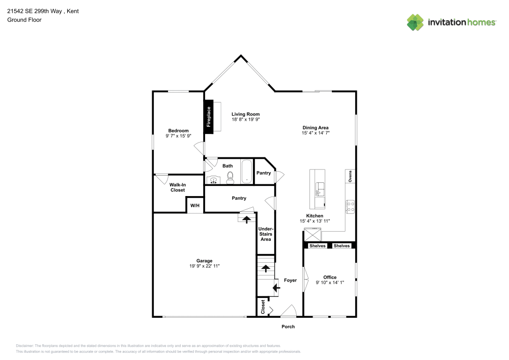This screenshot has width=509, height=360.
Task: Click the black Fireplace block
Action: pos(208,117)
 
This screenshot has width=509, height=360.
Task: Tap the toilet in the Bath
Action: pos(230,177)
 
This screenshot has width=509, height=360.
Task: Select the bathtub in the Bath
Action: pos(246,172)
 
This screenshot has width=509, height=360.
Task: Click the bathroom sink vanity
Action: pos(213,179)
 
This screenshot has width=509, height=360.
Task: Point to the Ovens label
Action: pos(350,176)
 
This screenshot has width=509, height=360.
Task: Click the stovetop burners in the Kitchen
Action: pos(350,206)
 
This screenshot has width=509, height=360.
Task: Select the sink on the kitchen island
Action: pos(319,189)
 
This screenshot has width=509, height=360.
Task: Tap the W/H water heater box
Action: pos(195,205)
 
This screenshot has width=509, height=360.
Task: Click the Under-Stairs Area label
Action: pos(265,234)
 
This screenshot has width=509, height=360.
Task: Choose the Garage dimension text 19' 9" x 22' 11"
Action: pos(205,266)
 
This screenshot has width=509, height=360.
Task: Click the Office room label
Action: pos(330,278)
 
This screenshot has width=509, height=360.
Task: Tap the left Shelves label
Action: pos(317,246)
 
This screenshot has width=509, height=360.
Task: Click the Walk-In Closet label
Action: pos(177,187)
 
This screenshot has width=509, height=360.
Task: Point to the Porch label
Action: pos(288,326)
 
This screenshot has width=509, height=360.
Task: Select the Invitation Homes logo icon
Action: pos(415,22)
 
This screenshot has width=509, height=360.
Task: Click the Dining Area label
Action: pos(316,128)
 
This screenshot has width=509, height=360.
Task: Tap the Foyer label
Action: pos(290,280)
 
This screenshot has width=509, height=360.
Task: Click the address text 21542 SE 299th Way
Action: pos(36,11)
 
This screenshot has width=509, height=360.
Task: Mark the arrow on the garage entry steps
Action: pos(247,219)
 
